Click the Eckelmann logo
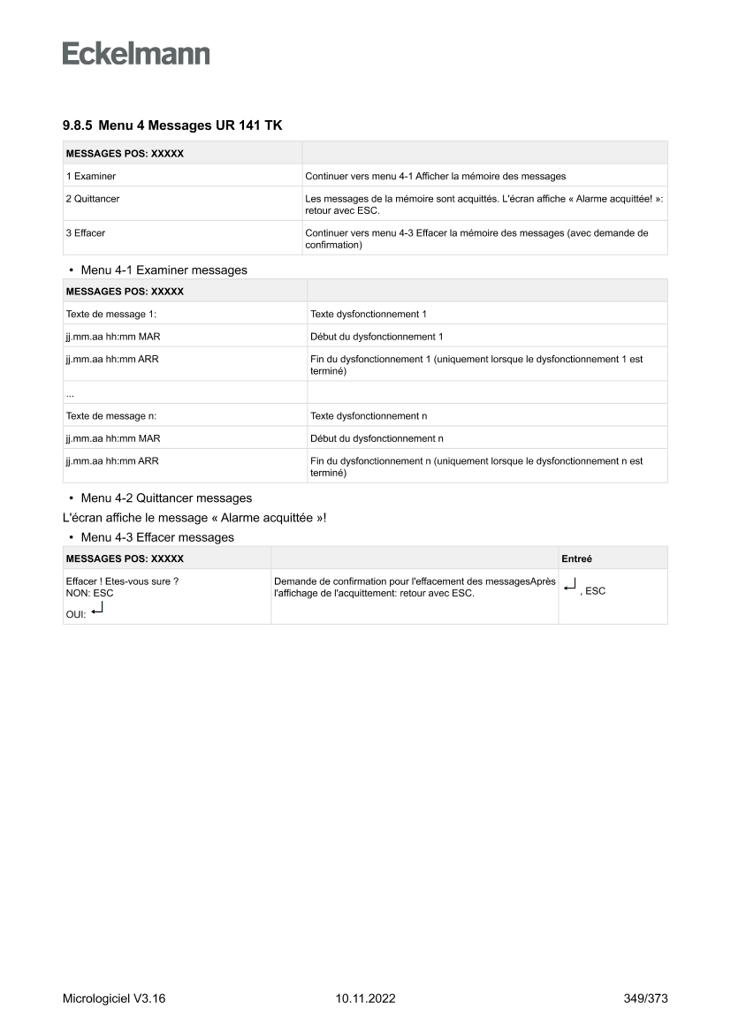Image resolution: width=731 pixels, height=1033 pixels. pos(136,53)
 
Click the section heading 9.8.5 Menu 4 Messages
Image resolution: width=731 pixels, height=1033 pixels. pos(172,126)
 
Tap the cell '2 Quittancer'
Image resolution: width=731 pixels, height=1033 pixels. pos(93,199)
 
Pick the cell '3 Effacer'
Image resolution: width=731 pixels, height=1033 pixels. pos(86,233)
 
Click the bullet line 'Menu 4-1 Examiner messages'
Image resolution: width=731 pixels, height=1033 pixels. pos(164,270)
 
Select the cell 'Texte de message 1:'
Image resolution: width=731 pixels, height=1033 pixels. pos(105,314)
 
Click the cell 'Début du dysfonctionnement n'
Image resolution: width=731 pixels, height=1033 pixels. pos(377,438)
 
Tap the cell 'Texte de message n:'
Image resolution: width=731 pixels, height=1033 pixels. pos(105,415)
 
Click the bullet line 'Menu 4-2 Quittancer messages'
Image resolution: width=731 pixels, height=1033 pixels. pos(165,498)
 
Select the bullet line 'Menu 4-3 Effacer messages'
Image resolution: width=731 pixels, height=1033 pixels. pos(156,537)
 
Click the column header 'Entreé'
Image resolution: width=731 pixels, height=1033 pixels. pos(577,558)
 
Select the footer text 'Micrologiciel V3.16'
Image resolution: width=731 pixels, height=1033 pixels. pos(114,999)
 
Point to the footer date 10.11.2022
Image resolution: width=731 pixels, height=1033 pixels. pos(365,999)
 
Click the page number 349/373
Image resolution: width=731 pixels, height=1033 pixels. pos(645,999)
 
